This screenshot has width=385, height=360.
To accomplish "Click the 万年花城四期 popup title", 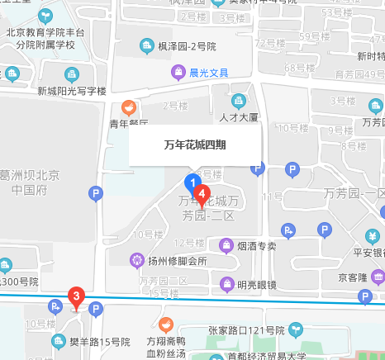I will pyautogui.click(x=195, y=144).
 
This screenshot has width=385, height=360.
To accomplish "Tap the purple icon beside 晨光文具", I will pyautogui.click(x=178, y=73).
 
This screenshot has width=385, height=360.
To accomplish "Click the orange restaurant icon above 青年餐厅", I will pyautogui.click(x=129, y=107).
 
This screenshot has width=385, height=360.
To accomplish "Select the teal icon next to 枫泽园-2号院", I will pyautogui.click(x=147, y=46).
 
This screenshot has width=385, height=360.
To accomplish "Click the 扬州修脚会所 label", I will pyautogui.click(x=178, y=262).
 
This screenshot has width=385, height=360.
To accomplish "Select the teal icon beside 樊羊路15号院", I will pyautogui.click(x=59, y=340).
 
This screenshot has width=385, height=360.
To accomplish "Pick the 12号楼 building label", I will pyautogui.click(x=189, y=243).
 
